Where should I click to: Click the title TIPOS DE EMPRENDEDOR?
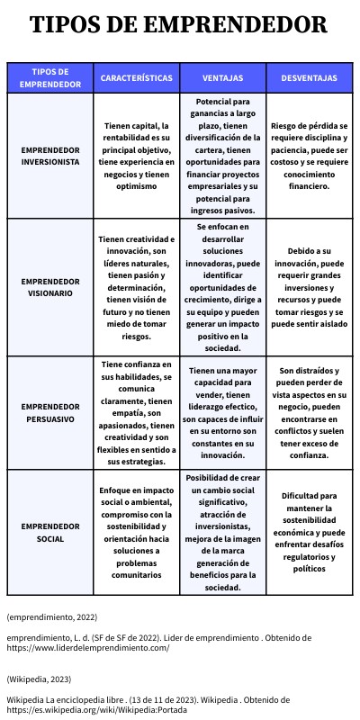tap(179, 25)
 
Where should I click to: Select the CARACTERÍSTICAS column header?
tap(136, 78)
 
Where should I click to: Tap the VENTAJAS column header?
tap(221, 78)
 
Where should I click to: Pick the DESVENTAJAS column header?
tap(309, 78)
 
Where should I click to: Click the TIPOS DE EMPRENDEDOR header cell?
tap(49, 78)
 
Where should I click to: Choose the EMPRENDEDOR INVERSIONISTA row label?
tap(49, 155)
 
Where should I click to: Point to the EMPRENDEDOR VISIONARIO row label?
tap(49, 287)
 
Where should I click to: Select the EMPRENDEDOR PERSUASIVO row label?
tap(49, 413)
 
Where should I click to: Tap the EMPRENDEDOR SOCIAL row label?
tap(49, 532)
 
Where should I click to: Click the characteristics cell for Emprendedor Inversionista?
tap(136, 155)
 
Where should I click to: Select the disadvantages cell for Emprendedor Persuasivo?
tap(309, 413)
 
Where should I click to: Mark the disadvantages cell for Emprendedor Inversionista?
tap(309, 155)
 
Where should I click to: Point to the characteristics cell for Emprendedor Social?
tap(136, 532)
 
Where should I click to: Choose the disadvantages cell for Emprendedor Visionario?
tap(309, 287)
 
